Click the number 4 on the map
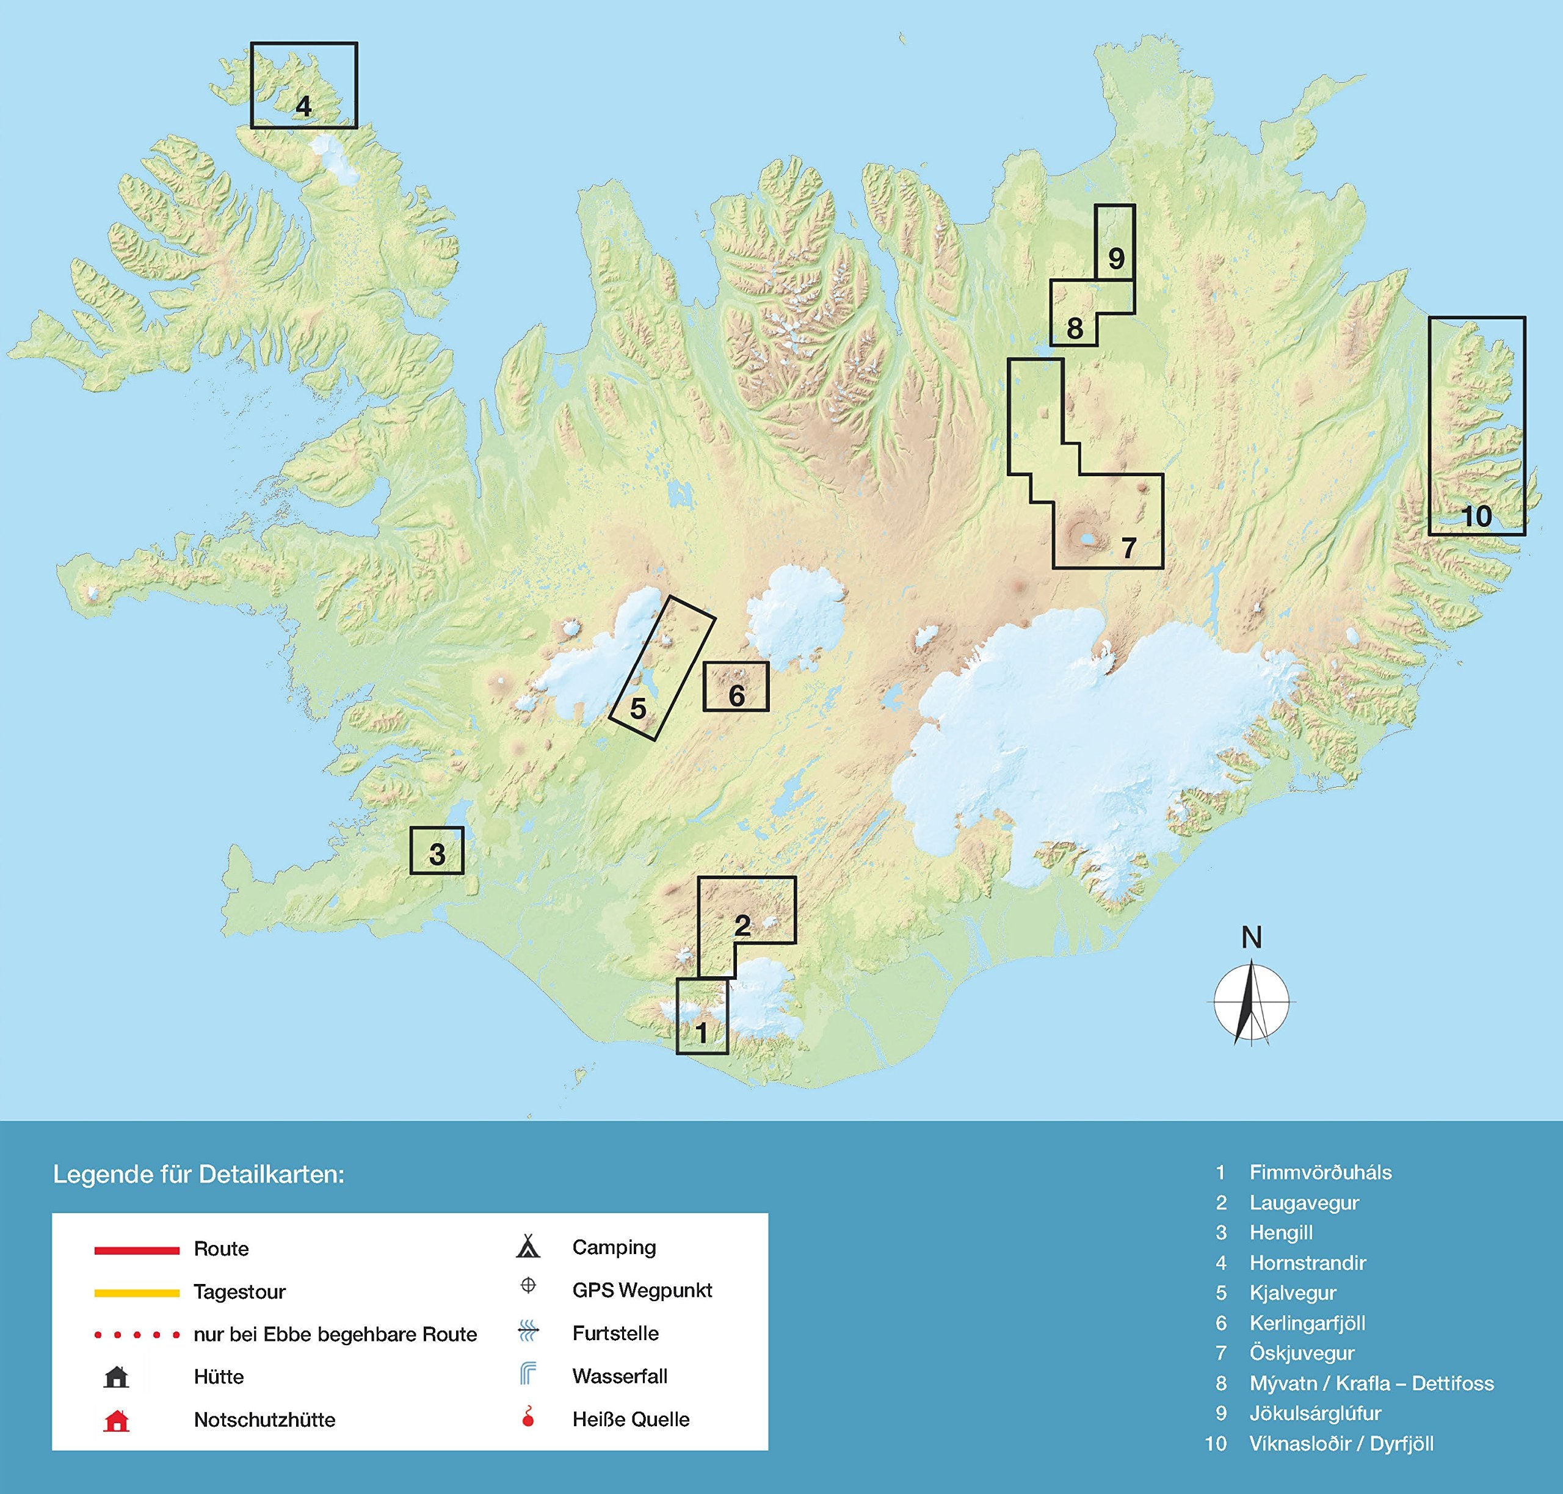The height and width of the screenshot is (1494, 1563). tap(303, 106)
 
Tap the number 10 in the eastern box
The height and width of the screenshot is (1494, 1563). tap(1476, 516)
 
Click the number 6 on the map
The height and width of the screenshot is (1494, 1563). tap(736, 695)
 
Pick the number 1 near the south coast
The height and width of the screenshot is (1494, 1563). tap(701, 1033)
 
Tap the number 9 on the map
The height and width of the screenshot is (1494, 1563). tap(1115, 258)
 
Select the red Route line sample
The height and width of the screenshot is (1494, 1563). tap(137, 1250)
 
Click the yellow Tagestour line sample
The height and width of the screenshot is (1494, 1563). tap(137, 1293)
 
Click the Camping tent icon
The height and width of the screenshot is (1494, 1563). tap(528, 1248)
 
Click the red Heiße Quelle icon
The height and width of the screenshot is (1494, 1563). tap(528, 1418)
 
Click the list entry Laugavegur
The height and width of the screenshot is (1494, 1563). tap(1304, 1203)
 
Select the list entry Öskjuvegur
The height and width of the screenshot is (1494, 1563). tap(1301, 1353)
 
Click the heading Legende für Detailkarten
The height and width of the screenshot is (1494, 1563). tap(198, 1174)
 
